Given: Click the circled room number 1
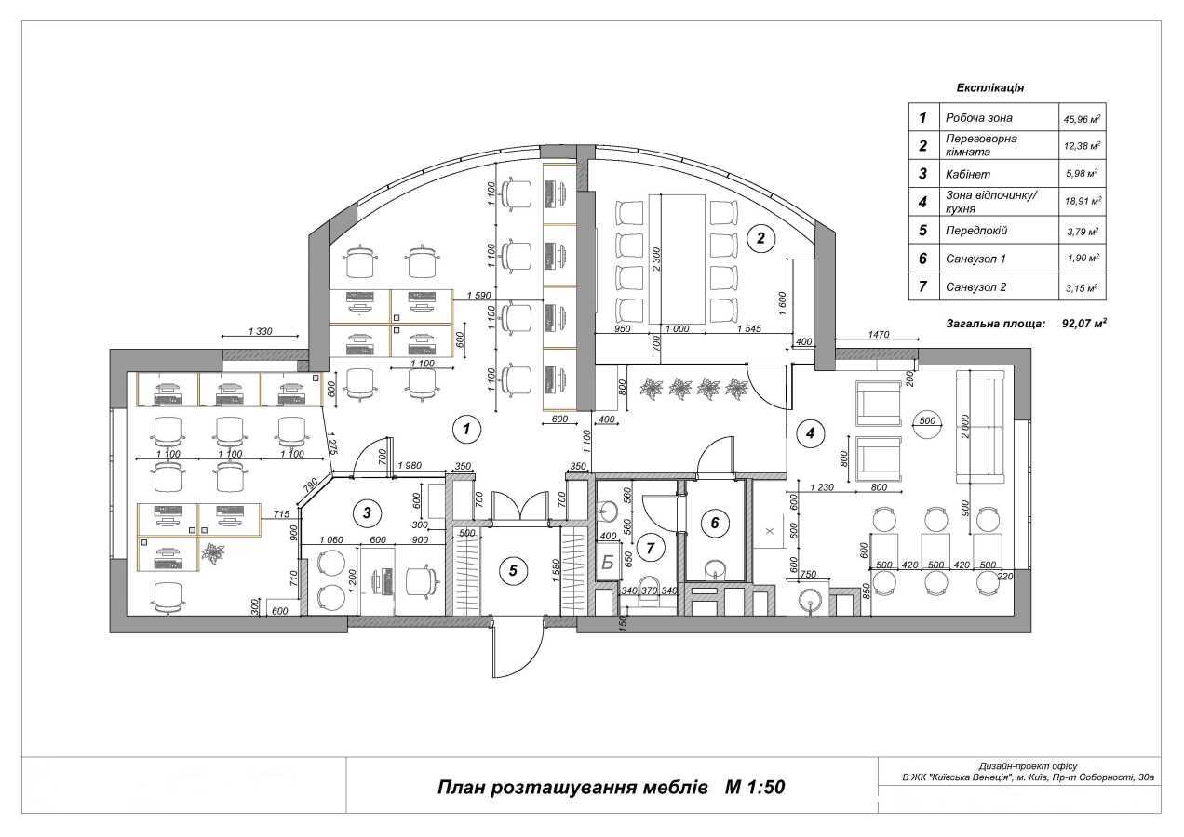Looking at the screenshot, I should tap(465, 429).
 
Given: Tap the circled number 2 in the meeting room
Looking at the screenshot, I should tap(760, 238).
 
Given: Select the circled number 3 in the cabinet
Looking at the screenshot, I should tap(368, 512).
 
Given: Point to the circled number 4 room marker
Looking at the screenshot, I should tap(811, 432).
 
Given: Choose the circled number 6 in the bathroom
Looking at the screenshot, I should tap(714, 523).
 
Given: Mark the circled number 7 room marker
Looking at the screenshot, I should tap(651, 548).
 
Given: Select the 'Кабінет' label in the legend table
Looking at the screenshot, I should tap(968, 174).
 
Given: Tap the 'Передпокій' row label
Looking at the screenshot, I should tap(975, 230).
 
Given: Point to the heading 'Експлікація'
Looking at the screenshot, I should tap(990, 87).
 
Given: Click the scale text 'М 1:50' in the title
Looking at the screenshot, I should tap(755, 787).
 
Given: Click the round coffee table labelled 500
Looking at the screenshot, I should tap(927, 420).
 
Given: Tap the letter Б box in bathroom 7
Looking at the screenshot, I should tap(608, 562).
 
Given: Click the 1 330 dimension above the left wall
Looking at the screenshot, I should tap(261, 331).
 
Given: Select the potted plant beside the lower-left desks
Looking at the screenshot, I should tap(214, 554).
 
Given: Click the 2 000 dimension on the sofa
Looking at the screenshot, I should tap(965, 425).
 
